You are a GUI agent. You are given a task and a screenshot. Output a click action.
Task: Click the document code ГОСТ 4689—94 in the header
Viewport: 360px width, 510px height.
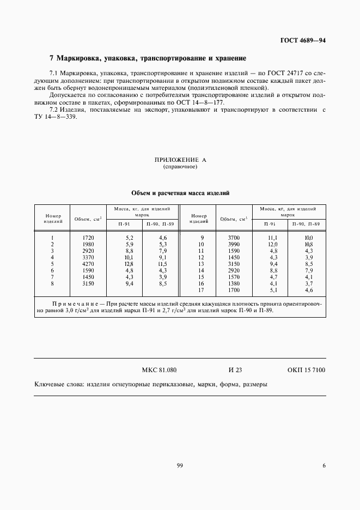click(303, 41)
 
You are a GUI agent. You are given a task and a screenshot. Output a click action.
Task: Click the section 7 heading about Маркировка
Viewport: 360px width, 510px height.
click(148, 58)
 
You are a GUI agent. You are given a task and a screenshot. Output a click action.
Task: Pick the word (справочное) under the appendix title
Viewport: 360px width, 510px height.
click(180, 167)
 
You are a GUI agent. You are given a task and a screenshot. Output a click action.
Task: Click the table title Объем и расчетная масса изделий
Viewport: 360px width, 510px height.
click(180, 193)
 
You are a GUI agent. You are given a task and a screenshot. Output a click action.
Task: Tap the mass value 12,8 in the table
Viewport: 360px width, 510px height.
click(129, 263)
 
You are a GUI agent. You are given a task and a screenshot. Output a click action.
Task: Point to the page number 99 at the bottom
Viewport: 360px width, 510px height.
click(180, 465)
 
